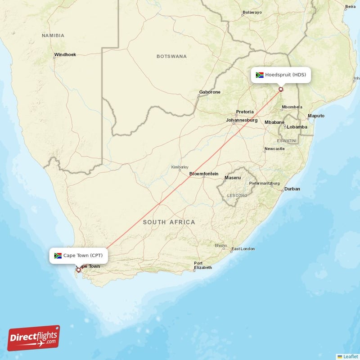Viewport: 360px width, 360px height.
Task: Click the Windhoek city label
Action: (65, 55)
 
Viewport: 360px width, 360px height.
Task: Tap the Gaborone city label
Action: (210, 92)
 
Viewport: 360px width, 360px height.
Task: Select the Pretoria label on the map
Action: (245, 112)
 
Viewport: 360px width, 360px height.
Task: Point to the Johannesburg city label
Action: (242, 120)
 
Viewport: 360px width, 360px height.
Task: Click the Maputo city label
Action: (315, 116)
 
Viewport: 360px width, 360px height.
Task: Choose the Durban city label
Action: (292, 189)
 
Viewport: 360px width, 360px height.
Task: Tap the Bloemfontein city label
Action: (204, 174)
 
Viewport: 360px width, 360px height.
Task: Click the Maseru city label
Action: (233, 178)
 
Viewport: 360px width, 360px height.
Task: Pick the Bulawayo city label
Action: (252, 12)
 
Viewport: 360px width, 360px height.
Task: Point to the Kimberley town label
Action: (179, 167)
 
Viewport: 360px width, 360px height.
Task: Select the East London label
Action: (243, 249)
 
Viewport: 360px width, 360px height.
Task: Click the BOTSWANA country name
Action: (171, 56)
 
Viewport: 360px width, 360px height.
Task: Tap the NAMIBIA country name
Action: (53, 35)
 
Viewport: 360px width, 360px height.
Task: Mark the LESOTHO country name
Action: (237, 196)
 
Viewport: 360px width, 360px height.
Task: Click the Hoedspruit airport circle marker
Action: (281, 89)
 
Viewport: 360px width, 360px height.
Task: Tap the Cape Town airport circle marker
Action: (78, 270)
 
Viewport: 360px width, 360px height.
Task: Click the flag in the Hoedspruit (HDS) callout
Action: (260, 75)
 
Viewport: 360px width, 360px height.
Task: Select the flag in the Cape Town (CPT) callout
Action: (58, 256)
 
